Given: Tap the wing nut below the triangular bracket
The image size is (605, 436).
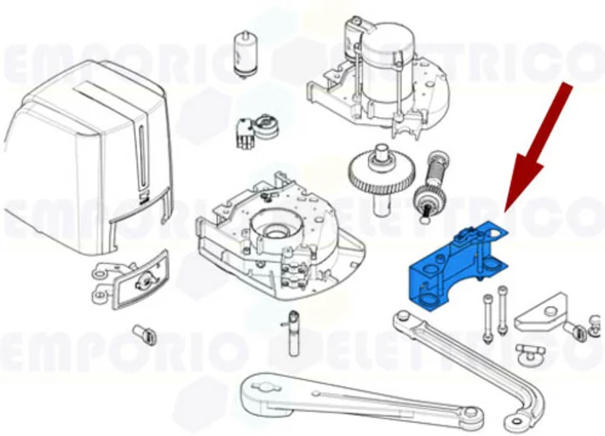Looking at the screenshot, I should (x=527, y=352).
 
